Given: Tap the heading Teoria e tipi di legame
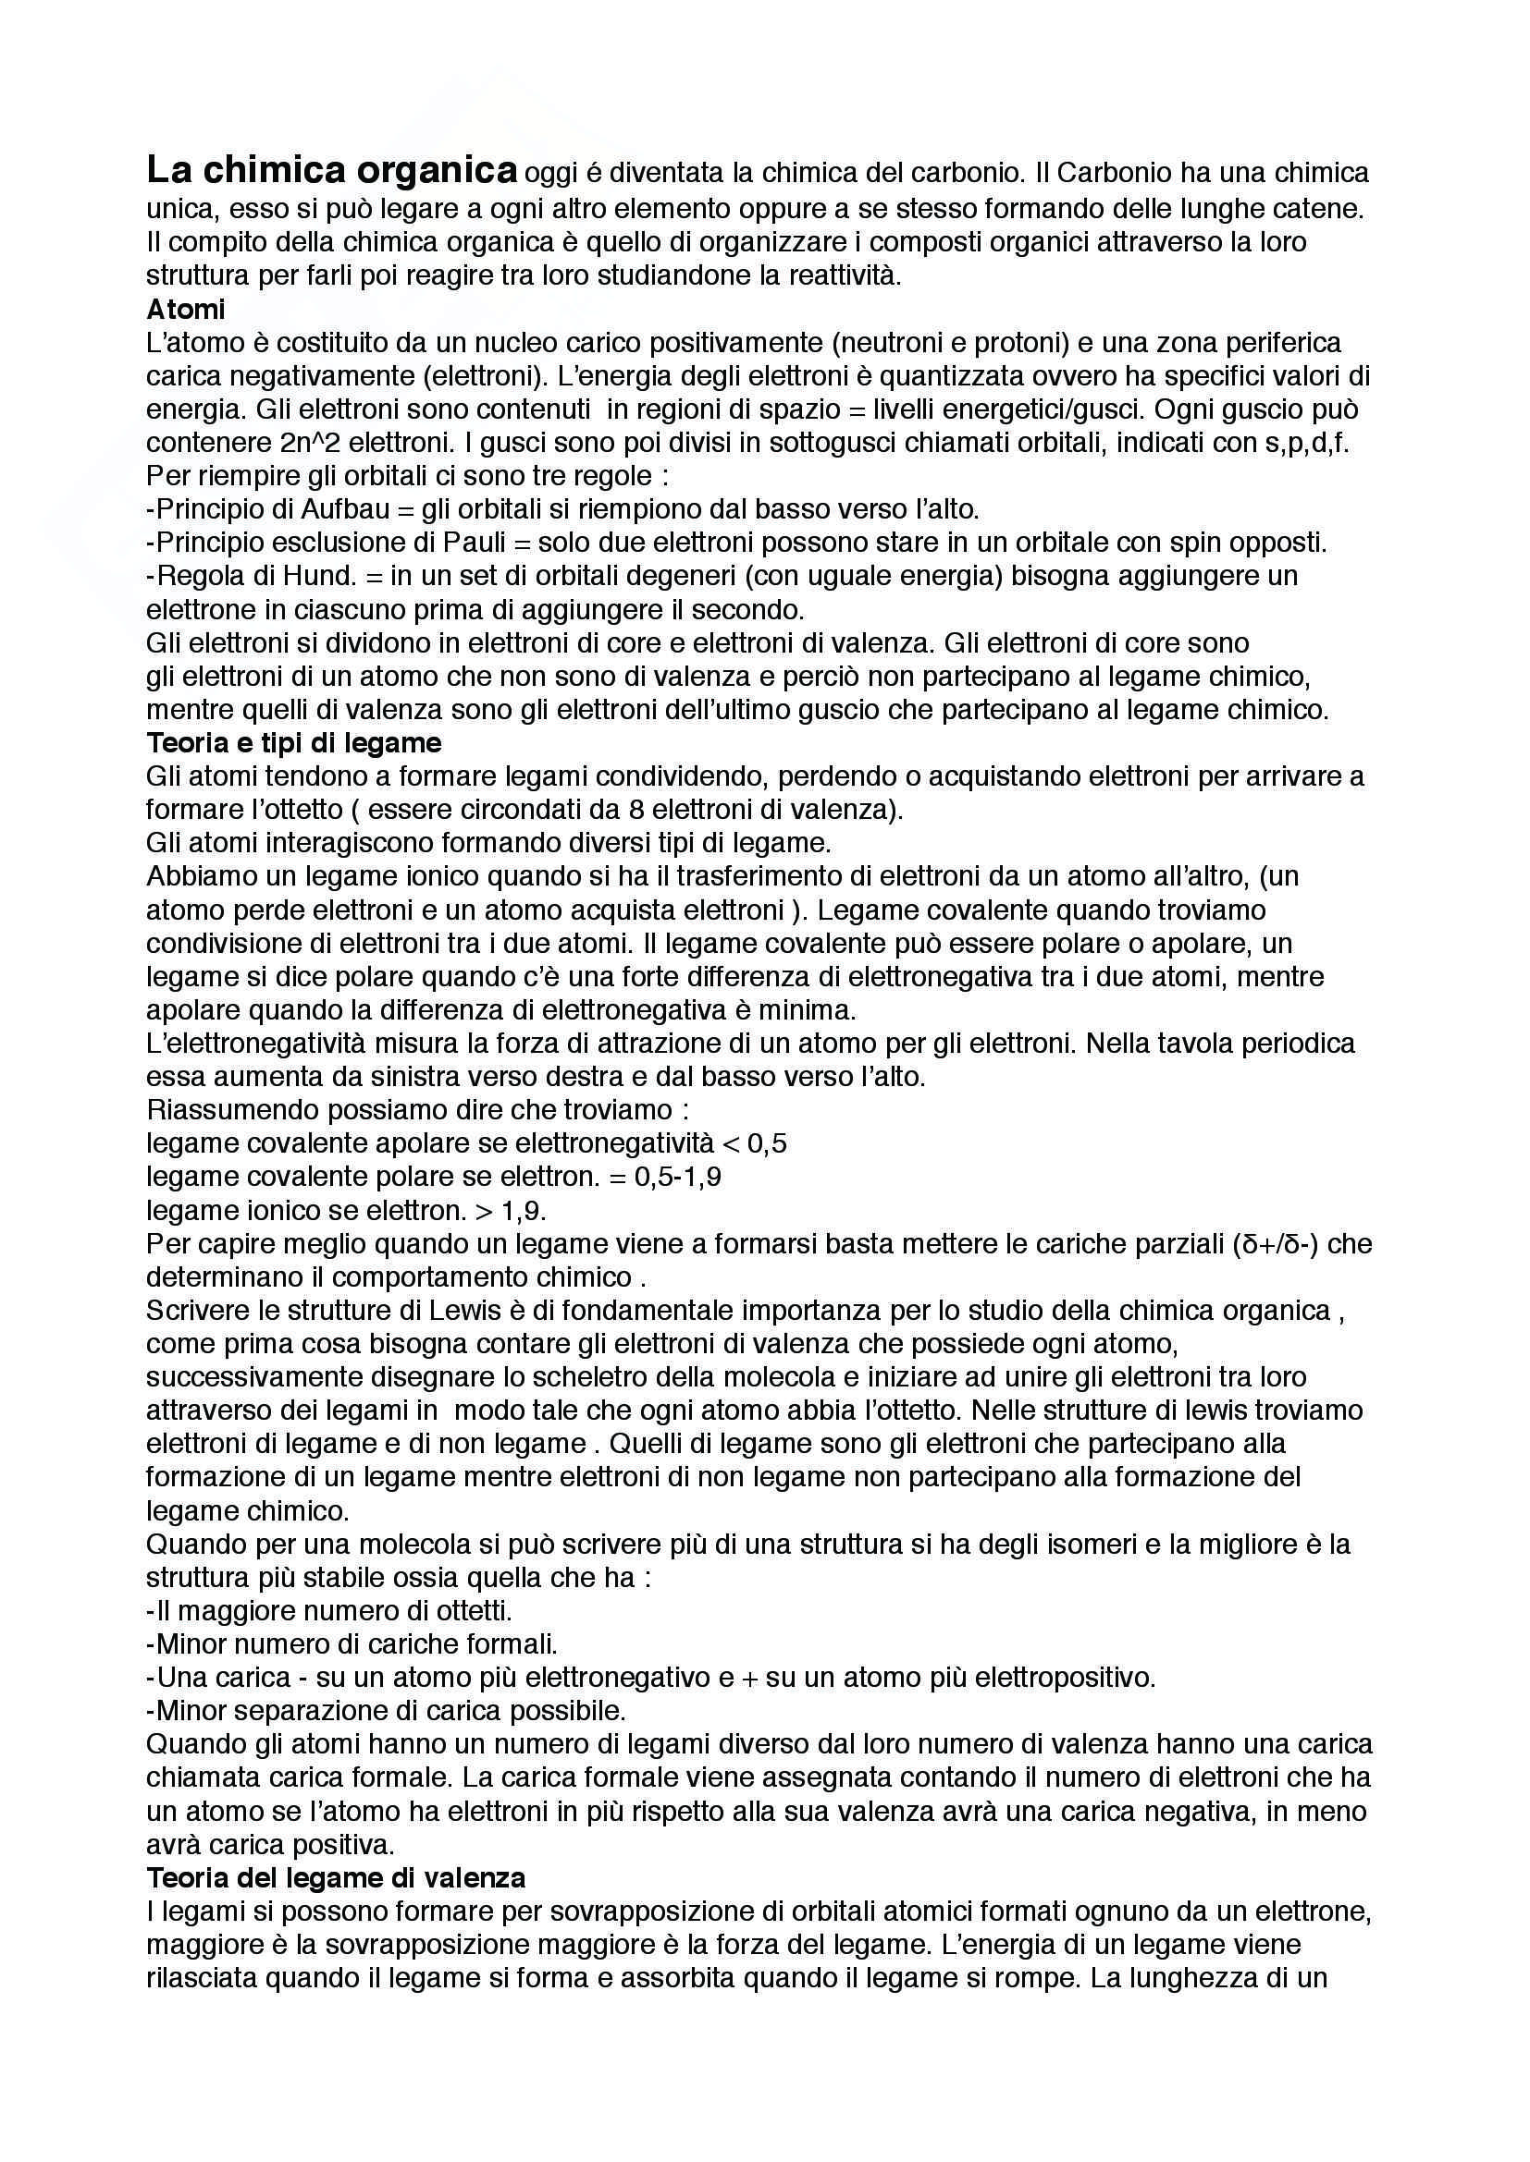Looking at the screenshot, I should coord(294,743).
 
